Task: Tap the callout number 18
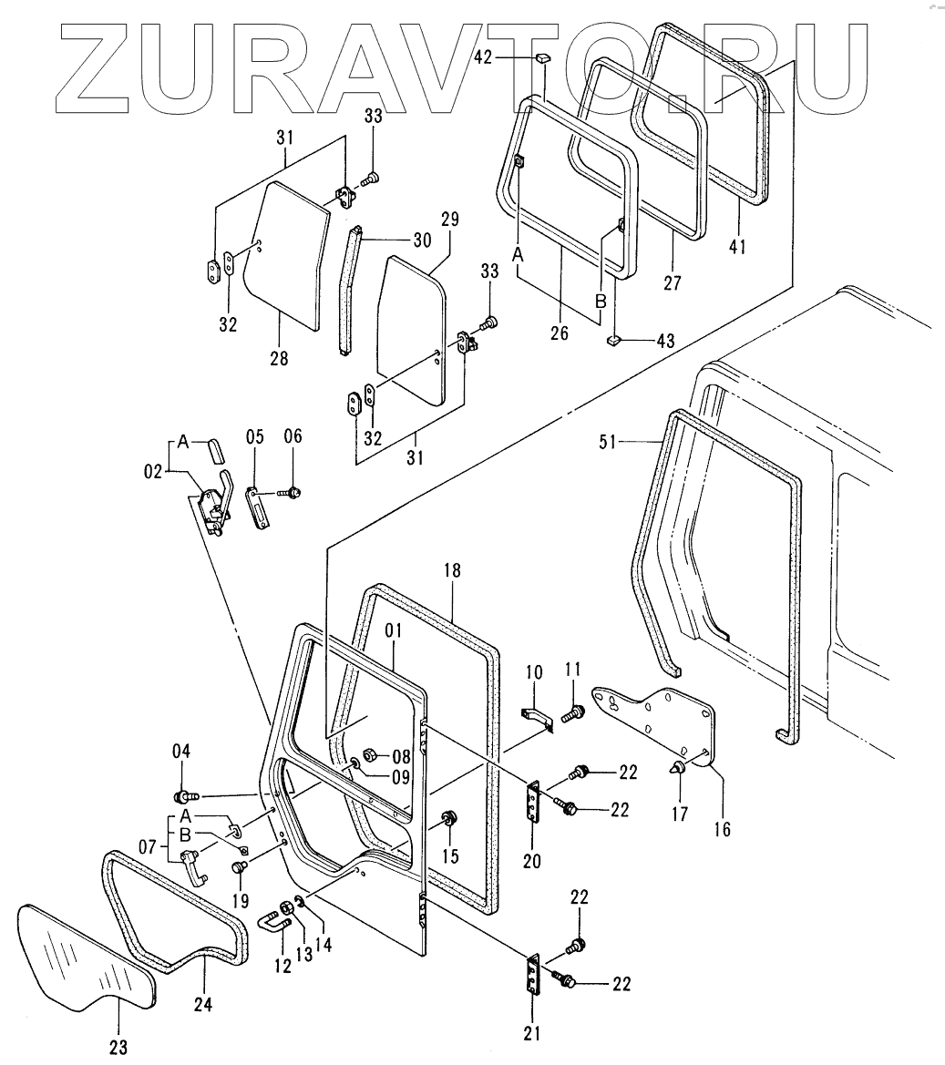(x=453, y=571)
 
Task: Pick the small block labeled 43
(x=614, y=341)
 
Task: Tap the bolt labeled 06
(x=293, y=492)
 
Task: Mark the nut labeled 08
(x=370, y=755)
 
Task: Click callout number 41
(x=737, y=246)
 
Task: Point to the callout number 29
(x=450, y=220)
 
